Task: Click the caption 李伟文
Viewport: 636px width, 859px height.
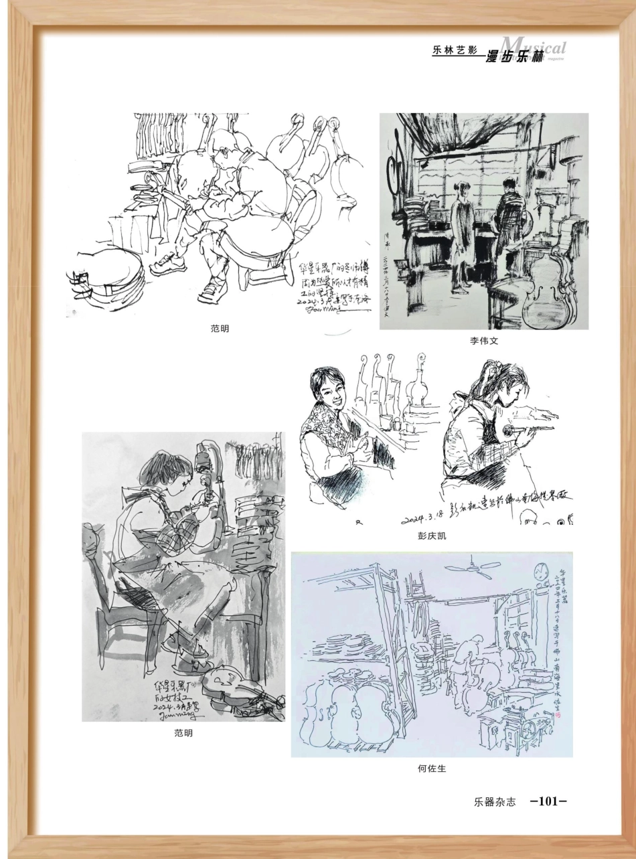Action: point(483,341)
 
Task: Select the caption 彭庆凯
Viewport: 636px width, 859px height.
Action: point(431,536)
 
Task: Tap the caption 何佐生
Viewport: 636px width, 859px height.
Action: point(431,769)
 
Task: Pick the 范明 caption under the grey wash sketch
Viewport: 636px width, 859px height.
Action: point(182,733)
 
